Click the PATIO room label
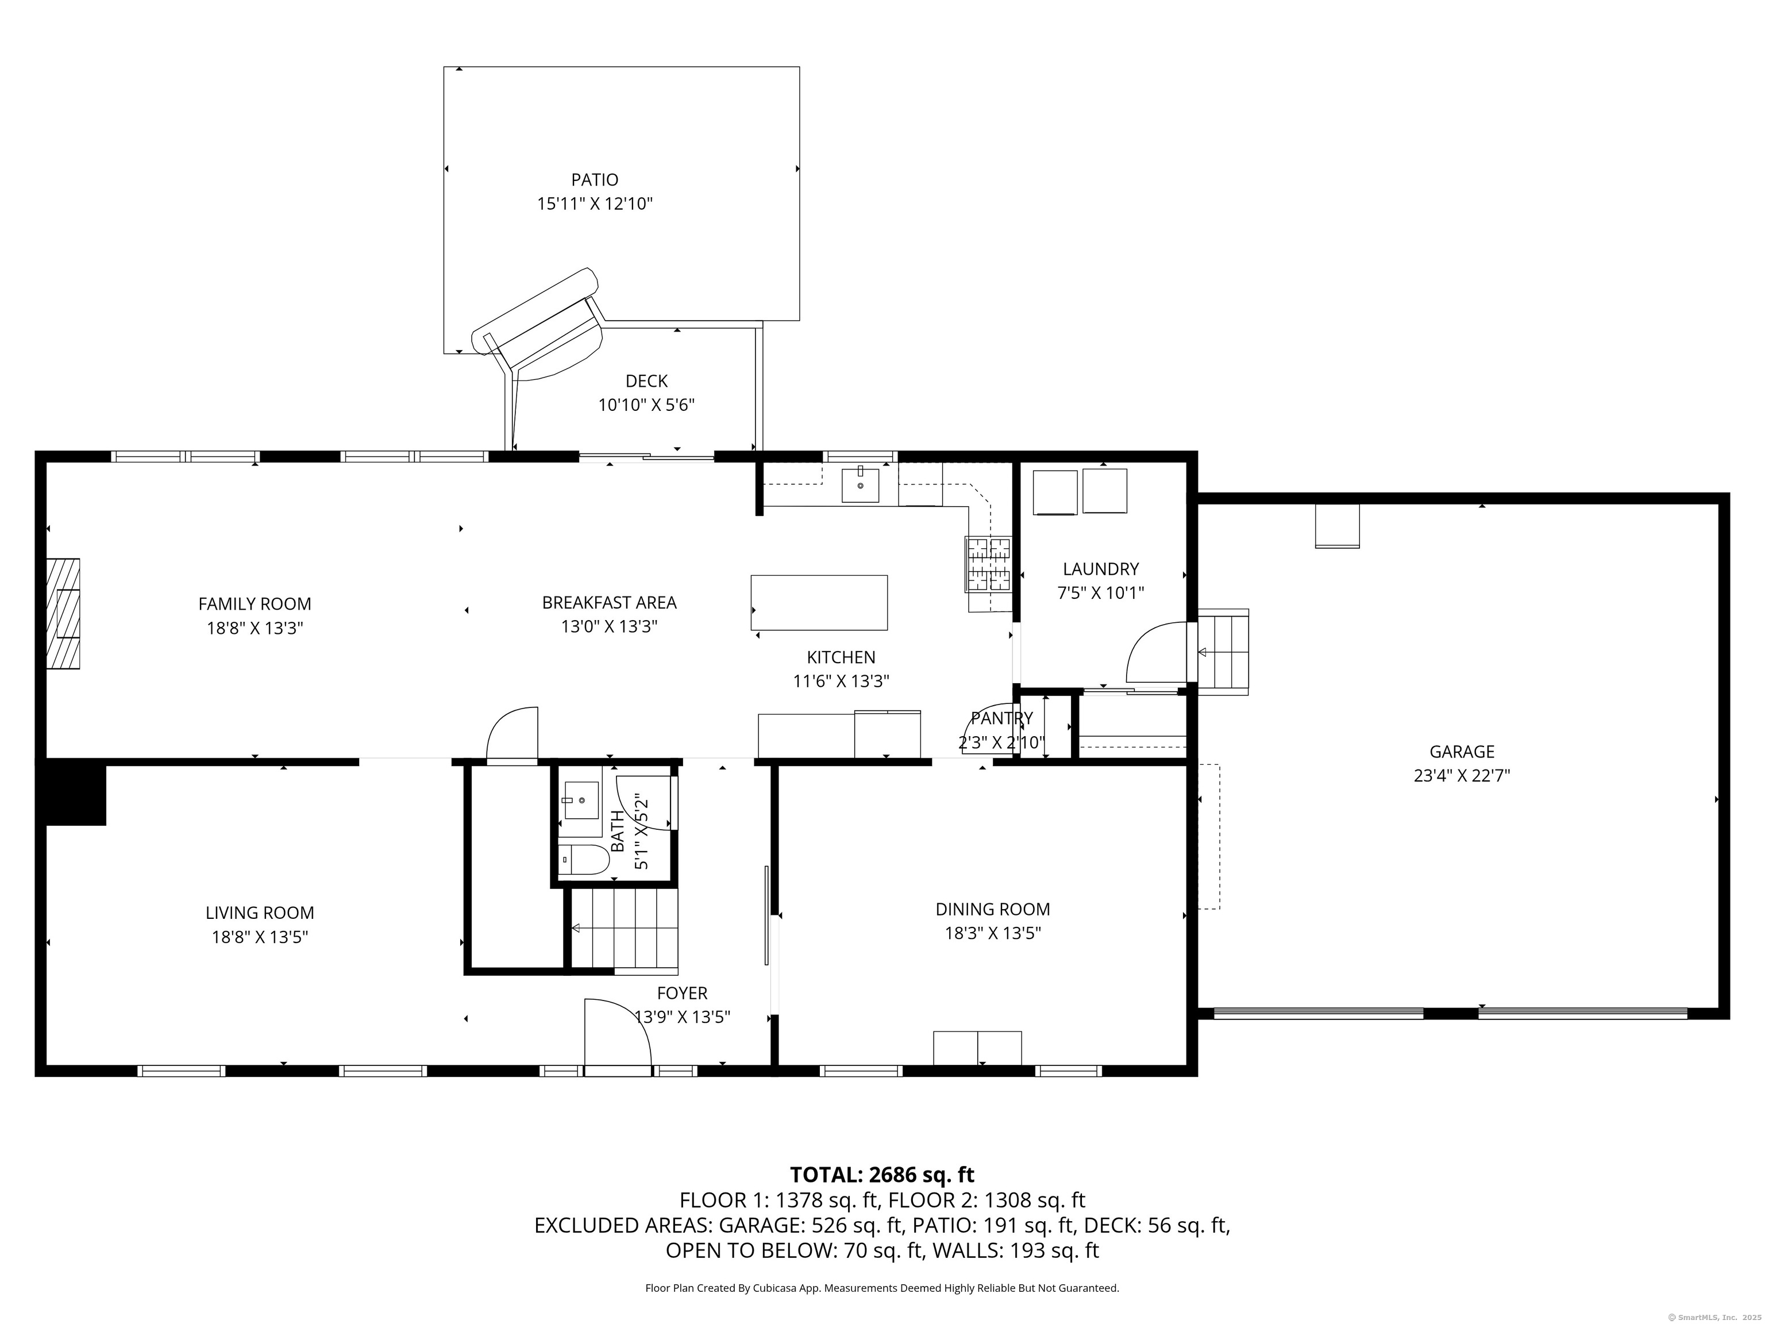pos(595,179)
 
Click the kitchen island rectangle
pos(819,603)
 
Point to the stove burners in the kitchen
pos(989,563)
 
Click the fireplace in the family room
pos(63,614)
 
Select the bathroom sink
pos(581,798)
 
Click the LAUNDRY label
pos(1100,569)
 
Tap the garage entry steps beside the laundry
pos(1223,652)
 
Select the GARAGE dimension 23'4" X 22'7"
pos(1462,776)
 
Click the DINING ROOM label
pos(993,909)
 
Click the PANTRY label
pos(1001,718)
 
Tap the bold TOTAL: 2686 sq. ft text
pos(882,1175)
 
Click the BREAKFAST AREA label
pos(609,603)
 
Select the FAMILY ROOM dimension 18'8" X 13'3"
pos(255,628)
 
